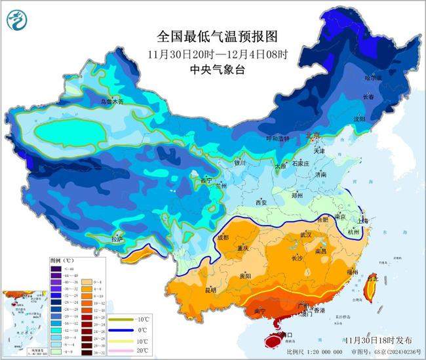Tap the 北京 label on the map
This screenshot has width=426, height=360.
313,136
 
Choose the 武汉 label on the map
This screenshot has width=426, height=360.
303,234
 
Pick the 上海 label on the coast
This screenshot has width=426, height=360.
363,220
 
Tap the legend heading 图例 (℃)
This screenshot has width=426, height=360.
63,260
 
